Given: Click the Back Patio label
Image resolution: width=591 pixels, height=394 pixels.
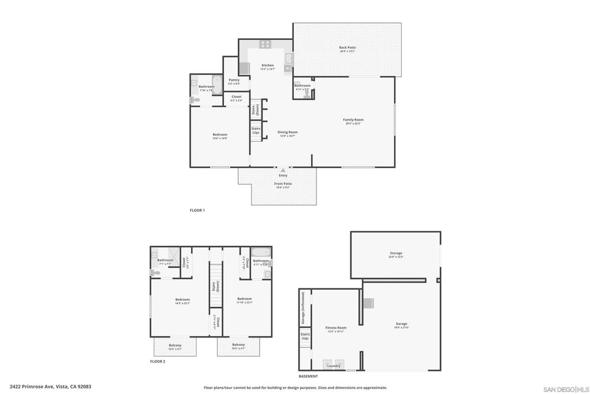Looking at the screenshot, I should (347, 47).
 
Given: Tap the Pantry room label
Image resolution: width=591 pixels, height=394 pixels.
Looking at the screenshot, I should (234, 80).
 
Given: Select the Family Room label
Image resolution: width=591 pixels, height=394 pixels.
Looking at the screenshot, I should (353, 120).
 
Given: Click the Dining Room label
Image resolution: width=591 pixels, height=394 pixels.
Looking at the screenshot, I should (287, 132).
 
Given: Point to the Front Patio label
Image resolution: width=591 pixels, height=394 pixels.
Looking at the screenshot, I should (283, 184).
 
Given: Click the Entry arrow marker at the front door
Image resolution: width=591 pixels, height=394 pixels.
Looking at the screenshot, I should (283, 170).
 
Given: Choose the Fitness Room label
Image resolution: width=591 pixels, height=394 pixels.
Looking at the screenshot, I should (336, 328).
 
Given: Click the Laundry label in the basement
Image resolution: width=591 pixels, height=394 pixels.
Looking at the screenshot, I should (334, 366).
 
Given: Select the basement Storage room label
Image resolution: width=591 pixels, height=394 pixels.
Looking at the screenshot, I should (396, 253).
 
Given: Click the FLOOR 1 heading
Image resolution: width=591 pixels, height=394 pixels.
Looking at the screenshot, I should (197, 211).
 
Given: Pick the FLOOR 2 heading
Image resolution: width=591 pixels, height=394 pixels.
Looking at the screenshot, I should (158, 362).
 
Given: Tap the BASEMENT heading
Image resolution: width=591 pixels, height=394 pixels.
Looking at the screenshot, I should (308, 376).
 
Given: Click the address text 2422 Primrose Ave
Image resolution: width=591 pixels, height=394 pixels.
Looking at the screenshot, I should (50, 387).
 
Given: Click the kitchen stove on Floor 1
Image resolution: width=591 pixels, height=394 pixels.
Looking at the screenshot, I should (265, 44).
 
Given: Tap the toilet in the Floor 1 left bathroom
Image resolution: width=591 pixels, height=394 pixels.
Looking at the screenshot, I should (195, 100).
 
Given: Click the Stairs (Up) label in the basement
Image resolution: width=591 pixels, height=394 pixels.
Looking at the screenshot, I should (305, 336).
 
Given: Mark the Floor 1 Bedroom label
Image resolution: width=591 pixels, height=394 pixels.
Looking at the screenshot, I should (220, 135).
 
